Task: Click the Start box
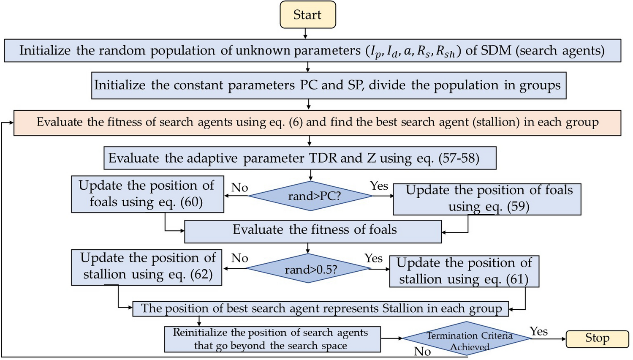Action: [x=307, y=15]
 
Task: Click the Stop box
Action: [x=597, y=338]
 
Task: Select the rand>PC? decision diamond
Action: [x=311, y=196]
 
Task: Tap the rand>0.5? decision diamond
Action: [x=309, y=269]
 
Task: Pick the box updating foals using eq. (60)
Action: [x=147, y=194]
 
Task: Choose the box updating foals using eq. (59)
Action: [x=487, y=199]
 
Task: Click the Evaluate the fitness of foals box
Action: [x=313, y=231]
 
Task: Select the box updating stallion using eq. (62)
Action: [x=147, y=267]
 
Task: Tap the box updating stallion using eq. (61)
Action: [x=464, y=271]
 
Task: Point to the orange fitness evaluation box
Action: [x=317, y=123]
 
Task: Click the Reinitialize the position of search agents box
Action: [x=272, y=339]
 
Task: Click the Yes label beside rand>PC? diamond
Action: [x=379, y=186]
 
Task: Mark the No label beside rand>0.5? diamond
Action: [x=239, y=258]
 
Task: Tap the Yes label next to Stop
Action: [x=538, y=331]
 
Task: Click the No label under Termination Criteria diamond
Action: [x=422, y=352]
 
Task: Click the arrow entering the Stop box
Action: [x=549, y=339]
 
